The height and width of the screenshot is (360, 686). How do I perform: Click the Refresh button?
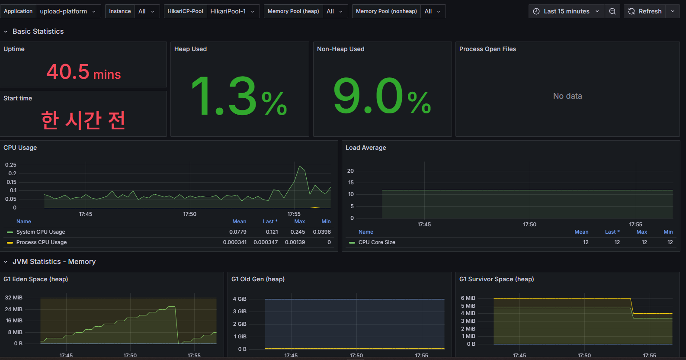pyautogui.click(x=645, y=11)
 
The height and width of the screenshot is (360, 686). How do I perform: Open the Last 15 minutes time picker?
pyautogui.click(x=566, y=11)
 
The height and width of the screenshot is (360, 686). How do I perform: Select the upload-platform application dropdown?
pyautogui.click(x=68, y=11)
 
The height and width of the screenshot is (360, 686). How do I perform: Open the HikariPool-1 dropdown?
pyautogui.click(x=233, y=11)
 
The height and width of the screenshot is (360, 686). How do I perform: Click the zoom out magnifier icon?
pyautogui.click(x=612, y=11)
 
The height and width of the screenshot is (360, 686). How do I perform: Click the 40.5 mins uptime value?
pyautogui.click(x=83, y=72)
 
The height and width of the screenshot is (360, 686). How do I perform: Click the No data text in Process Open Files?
pyautogui.click(x=567, y=96)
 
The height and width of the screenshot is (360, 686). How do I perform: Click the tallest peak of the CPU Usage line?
pyautogui.click(x=300, y=166)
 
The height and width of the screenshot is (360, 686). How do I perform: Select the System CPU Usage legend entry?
pyautogui.click(x=41, y=232)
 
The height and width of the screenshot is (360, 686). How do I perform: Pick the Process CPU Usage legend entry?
pyautogui.click(x=42, y=242)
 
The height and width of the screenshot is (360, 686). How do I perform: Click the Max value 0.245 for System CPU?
pyautogui.click(x=298, y=232)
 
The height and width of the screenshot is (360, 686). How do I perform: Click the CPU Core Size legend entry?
pyautogui.click(x=377, y=242)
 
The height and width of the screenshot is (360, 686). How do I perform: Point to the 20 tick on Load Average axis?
pyautogui.click(x=350, y=171)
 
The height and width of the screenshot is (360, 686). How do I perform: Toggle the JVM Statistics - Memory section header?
pyautogui.click(x=54, y=262)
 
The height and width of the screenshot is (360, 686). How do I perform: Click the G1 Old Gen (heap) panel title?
pyautogui.click(x=258, y=279)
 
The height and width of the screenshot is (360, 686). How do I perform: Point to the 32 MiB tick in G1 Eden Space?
pyautogui.click(x=14, y=298)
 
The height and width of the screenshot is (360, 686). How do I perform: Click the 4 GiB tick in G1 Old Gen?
pyautogui.click(x=240, y=299)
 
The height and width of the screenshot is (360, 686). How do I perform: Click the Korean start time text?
pyautogui.click(x=83, y=120)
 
